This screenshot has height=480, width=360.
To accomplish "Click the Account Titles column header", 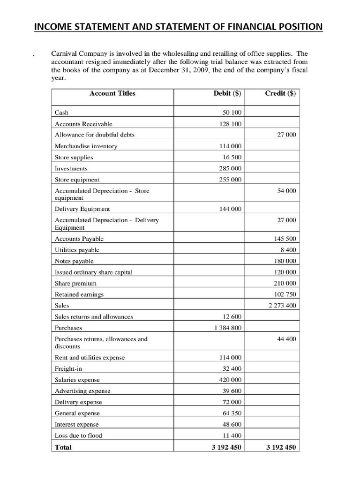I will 112,93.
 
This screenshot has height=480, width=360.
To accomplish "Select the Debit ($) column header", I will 227,93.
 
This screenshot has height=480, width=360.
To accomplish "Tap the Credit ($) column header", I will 280,93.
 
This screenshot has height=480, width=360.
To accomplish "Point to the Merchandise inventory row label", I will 86,146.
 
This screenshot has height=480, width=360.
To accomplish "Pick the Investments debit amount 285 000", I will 230,168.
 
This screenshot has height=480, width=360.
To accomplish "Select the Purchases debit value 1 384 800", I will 228,328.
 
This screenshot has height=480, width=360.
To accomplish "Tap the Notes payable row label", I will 74,261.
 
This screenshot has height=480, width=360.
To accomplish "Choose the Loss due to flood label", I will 78,435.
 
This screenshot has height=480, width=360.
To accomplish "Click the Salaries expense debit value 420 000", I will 230,380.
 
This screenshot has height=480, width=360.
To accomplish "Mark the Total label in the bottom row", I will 63,447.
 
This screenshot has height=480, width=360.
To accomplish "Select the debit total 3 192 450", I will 226,447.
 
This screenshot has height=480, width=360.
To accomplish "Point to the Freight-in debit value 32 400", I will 232,369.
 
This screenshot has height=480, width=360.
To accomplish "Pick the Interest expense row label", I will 77,424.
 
